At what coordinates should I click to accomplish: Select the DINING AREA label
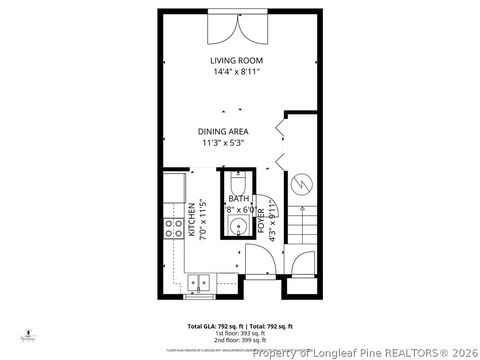tap(221, 131)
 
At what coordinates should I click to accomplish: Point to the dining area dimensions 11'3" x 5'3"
tap(221, 143)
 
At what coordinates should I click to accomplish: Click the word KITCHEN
tap(192, 222)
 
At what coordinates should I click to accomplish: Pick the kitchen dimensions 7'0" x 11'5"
tap(203, 222)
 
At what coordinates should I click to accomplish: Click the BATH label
tap(238, 199)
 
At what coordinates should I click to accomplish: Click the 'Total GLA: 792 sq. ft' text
tap(213, 327)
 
